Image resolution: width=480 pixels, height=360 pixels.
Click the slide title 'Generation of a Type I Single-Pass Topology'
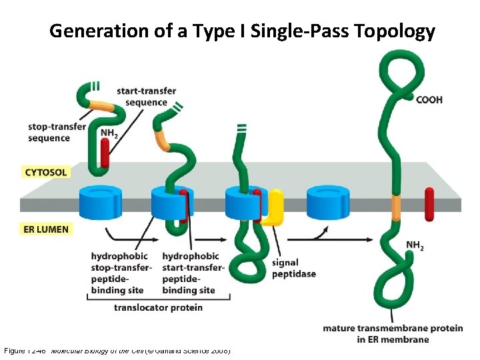coord(242,31)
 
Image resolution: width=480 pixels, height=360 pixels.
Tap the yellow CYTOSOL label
coord(46,172)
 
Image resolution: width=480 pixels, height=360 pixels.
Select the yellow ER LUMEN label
coord(46,229)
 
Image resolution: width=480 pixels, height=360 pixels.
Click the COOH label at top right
coord(429,100)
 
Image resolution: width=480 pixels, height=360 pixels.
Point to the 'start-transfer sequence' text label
coord(142,97)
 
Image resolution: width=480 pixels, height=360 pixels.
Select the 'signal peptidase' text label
coord(293,268)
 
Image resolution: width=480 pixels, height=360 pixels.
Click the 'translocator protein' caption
coord(158,307)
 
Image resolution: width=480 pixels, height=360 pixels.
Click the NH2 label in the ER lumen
coord(415,246)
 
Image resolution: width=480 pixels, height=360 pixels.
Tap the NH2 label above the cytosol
coord(109,133)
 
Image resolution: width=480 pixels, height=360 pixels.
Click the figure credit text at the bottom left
coord(117,351)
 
